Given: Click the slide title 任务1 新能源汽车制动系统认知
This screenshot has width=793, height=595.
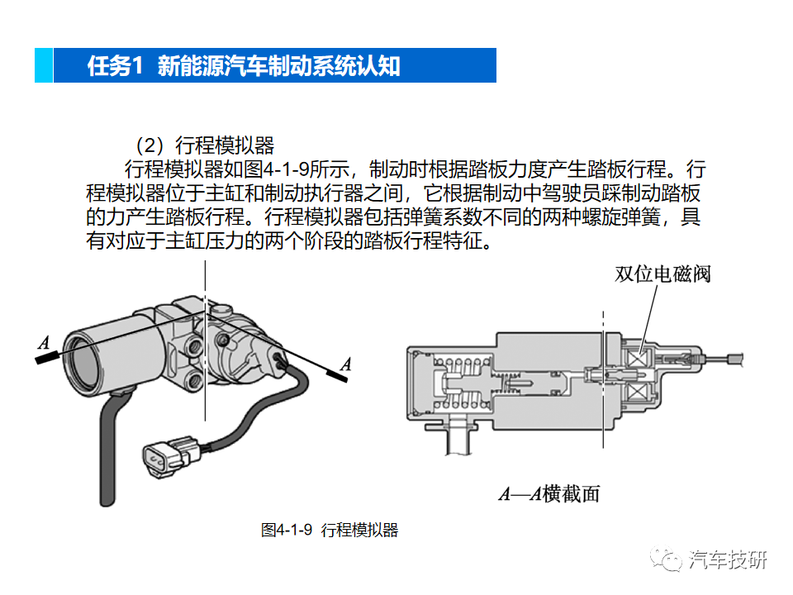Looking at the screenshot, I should tap(244, 66).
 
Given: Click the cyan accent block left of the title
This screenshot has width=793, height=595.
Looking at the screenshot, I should tap(43, 66).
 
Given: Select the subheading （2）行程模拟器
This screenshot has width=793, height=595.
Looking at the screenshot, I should tap(205, 146).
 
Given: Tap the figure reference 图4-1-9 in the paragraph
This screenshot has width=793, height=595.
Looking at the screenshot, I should tap(285, 171).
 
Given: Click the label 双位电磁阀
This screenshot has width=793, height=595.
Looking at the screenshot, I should tap(662, 274).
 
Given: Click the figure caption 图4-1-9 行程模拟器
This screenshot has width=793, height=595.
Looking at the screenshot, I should tap(329, 531).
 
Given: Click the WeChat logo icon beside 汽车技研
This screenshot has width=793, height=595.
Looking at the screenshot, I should tap(669, 559).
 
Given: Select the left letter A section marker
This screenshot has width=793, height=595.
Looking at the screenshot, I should tap(44, 342).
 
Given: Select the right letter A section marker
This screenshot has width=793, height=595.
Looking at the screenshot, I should tap(345, 363).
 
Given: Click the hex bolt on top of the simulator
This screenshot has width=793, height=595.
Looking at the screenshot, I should tap(221, 312).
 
